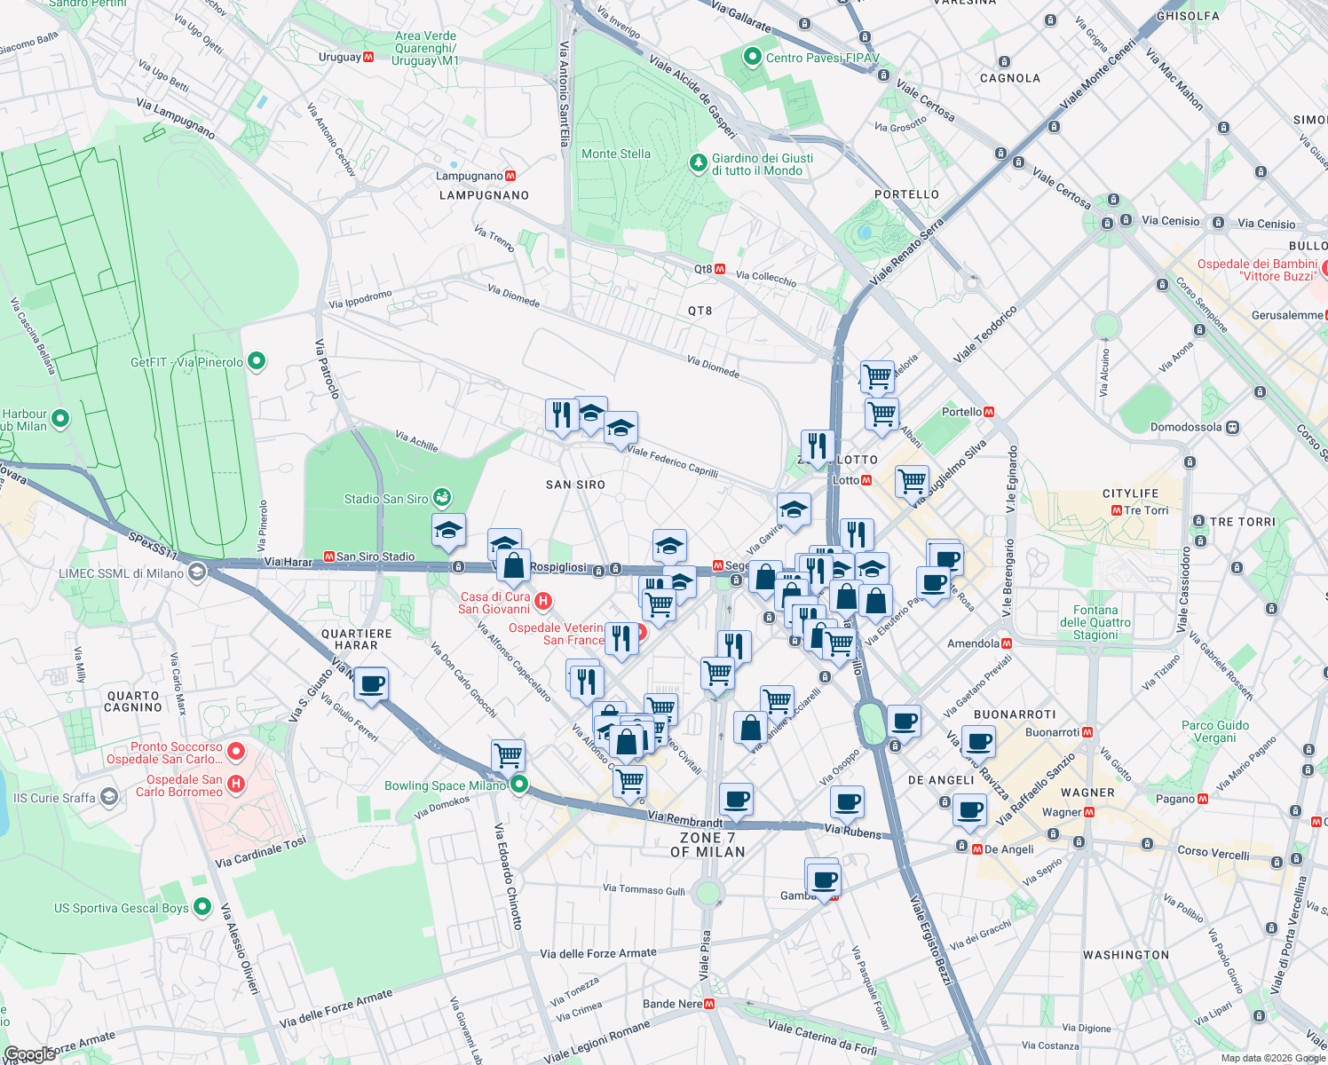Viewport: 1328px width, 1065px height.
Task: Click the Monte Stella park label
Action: point(615,154)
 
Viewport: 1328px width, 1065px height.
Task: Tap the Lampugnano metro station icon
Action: point(510,177)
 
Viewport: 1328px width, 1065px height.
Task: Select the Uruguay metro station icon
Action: point(368,58)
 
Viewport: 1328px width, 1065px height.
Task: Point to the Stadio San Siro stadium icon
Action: point(442,498)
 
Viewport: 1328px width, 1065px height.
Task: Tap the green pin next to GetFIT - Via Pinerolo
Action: point(257,361)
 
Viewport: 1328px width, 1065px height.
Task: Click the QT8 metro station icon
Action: point(721,269)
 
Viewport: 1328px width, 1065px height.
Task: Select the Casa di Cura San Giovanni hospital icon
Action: point(543,602)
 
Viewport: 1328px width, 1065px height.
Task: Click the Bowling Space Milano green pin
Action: point(519,785)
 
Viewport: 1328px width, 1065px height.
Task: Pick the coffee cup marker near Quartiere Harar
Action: point(372,685)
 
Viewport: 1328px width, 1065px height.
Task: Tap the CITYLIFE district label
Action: point(1130,493)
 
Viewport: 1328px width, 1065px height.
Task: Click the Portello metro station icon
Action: point(989,412)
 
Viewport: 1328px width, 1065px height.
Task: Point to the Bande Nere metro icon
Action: point(709,1005)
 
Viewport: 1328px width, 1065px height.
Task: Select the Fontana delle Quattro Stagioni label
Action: point(1095,622)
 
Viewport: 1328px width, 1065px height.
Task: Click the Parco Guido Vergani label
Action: point(1214,731)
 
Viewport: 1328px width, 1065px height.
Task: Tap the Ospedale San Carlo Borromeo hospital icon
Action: point(235,784)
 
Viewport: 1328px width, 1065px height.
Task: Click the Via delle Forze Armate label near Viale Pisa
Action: point(597,954)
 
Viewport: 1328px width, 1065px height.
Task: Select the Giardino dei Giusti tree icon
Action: point(698,163)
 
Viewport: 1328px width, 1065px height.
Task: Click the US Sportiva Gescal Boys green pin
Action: point(202,907)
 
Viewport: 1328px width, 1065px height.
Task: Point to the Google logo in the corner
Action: point(29,1054)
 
